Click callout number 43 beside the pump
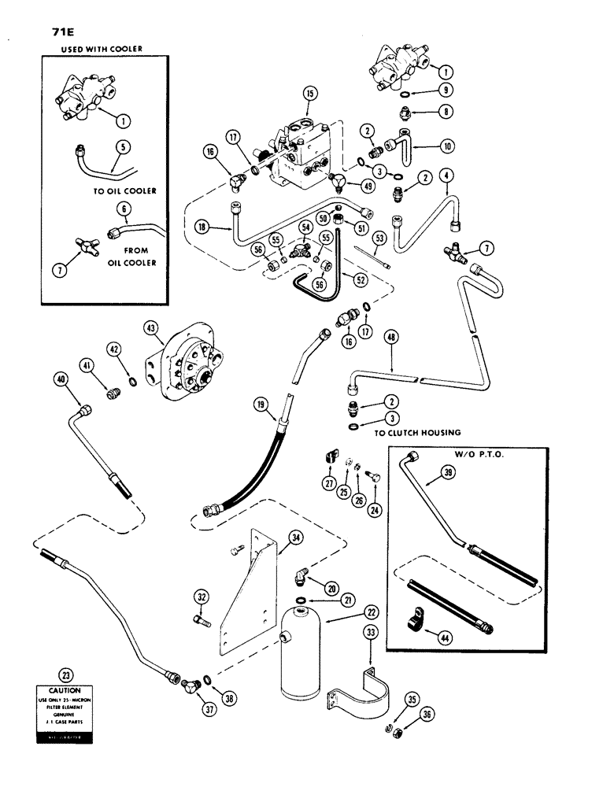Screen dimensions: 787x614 click(150, 325)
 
